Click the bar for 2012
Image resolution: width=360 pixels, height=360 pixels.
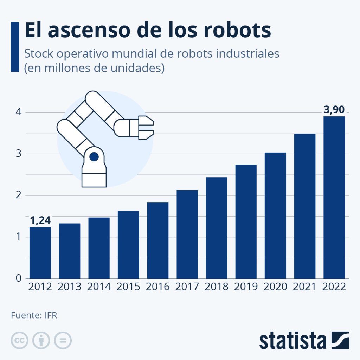point(40,253)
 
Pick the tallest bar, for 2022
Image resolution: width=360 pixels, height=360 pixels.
point(334,197)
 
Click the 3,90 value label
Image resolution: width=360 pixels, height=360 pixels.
point(334,110)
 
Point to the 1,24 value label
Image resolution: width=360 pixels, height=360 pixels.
point(40,220)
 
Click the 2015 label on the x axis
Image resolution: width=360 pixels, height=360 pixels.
point(128,287)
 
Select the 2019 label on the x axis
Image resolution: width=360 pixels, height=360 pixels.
point(246,287)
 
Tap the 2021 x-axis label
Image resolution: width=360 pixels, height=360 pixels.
point(305,287)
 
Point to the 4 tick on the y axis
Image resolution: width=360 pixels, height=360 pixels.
point(18,112)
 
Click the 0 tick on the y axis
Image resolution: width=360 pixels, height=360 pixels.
point(18,279)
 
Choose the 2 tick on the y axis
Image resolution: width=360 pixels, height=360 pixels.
point(18,195)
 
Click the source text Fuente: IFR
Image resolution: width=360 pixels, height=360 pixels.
point(34,315)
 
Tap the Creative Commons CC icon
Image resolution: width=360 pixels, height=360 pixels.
point(19,340)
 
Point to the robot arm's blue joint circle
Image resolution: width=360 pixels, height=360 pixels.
point(94,157)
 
